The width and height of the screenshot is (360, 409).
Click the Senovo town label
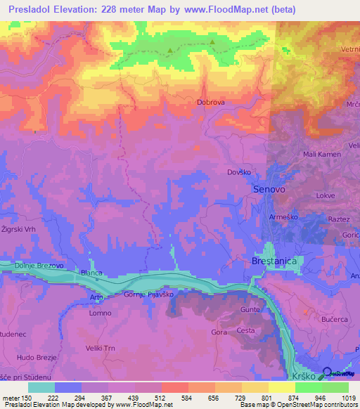click(269, 190)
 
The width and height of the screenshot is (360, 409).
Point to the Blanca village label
click(92, 273)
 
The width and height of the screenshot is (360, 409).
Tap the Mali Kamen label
click(321, 155)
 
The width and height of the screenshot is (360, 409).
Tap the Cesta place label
click(245, 330)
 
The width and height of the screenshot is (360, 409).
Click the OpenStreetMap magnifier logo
click(327, 372)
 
